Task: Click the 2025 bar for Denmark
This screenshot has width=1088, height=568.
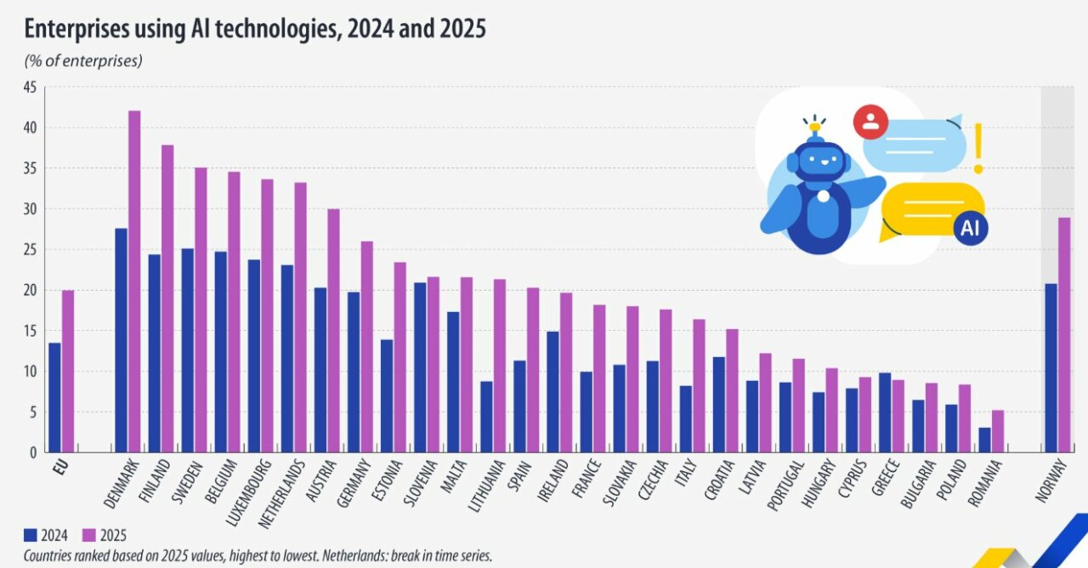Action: pyautogui.click(x=134, y=281)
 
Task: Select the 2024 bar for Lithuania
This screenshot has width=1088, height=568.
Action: pyautogui.click(x=486, y=417)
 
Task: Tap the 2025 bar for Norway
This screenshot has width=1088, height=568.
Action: pyautogui.click(x=1064, y=335)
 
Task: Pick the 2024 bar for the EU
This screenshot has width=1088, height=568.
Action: pyautogui.click(x=54, y=397)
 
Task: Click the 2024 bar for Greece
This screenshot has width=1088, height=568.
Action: pyautogui.click(x=885, y=412)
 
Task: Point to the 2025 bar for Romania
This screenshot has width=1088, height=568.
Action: pyautogui.click(x=998, y=431)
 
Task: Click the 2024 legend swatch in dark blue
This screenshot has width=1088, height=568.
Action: pyautogui.click(x=31, y=535)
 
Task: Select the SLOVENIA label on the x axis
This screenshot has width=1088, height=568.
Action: pyautogui.click(x=420, y=481)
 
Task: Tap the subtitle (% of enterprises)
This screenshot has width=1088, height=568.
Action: pyautogui.click(x=82, y=60)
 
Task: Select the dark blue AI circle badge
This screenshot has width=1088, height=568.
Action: pyautogui.click(x=971, y=228)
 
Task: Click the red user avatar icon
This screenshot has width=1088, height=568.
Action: pyautogui.click(x=870, y=122)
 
